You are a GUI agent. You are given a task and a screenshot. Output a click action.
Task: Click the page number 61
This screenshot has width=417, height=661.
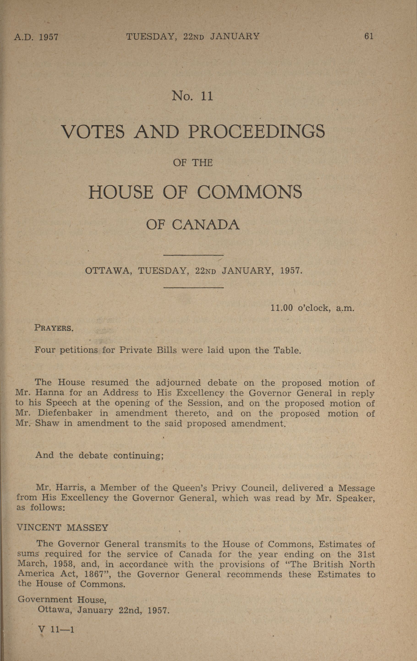coord(369,36)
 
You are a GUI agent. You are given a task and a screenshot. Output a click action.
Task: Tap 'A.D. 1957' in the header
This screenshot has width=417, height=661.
coord(36,37)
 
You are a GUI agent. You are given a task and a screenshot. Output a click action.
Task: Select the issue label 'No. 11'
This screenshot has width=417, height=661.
coord(192,96)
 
